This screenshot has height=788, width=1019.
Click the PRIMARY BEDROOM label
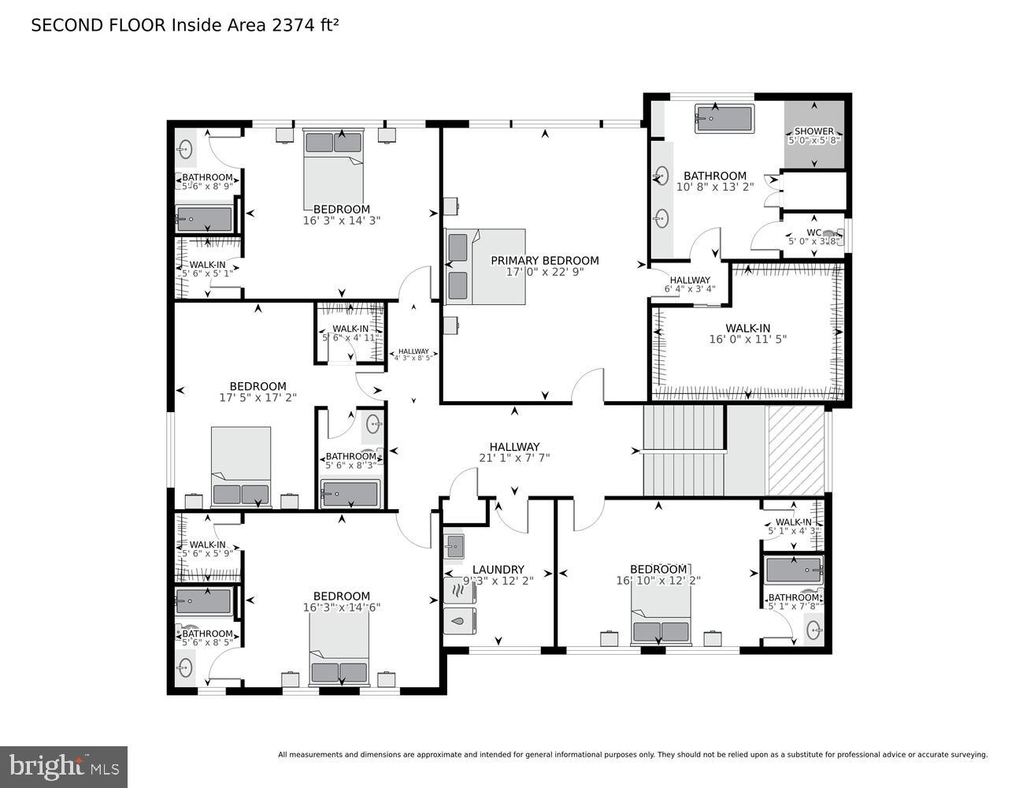544,261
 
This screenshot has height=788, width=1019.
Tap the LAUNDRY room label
498,570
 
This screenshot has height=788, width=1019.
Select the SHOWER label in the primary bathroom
813,132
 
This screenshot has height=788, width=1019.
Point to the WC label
813,232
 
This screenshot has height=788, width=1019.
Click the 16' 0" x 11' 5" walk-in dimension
747,340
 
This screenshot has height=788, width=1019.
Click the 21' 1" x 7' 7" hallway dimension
514,458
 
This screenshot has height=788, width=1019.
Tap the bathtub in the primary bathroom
724,120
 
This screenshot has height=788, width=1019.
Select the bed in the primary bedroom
486,266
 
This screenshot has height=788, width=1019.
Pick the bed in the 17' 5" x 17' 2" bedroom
241,466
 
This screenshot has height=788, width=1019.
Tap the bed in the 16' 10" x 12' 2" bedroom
661,615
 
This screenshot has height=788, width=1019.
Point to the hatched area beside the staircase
795,450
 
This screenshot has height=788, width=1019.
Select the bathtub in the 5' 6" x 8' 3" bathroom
350,494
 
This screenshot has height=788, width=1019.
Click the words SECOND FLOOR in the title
98,25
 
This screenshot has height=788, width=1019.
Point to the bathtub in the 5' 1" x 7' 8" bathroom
793,569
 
